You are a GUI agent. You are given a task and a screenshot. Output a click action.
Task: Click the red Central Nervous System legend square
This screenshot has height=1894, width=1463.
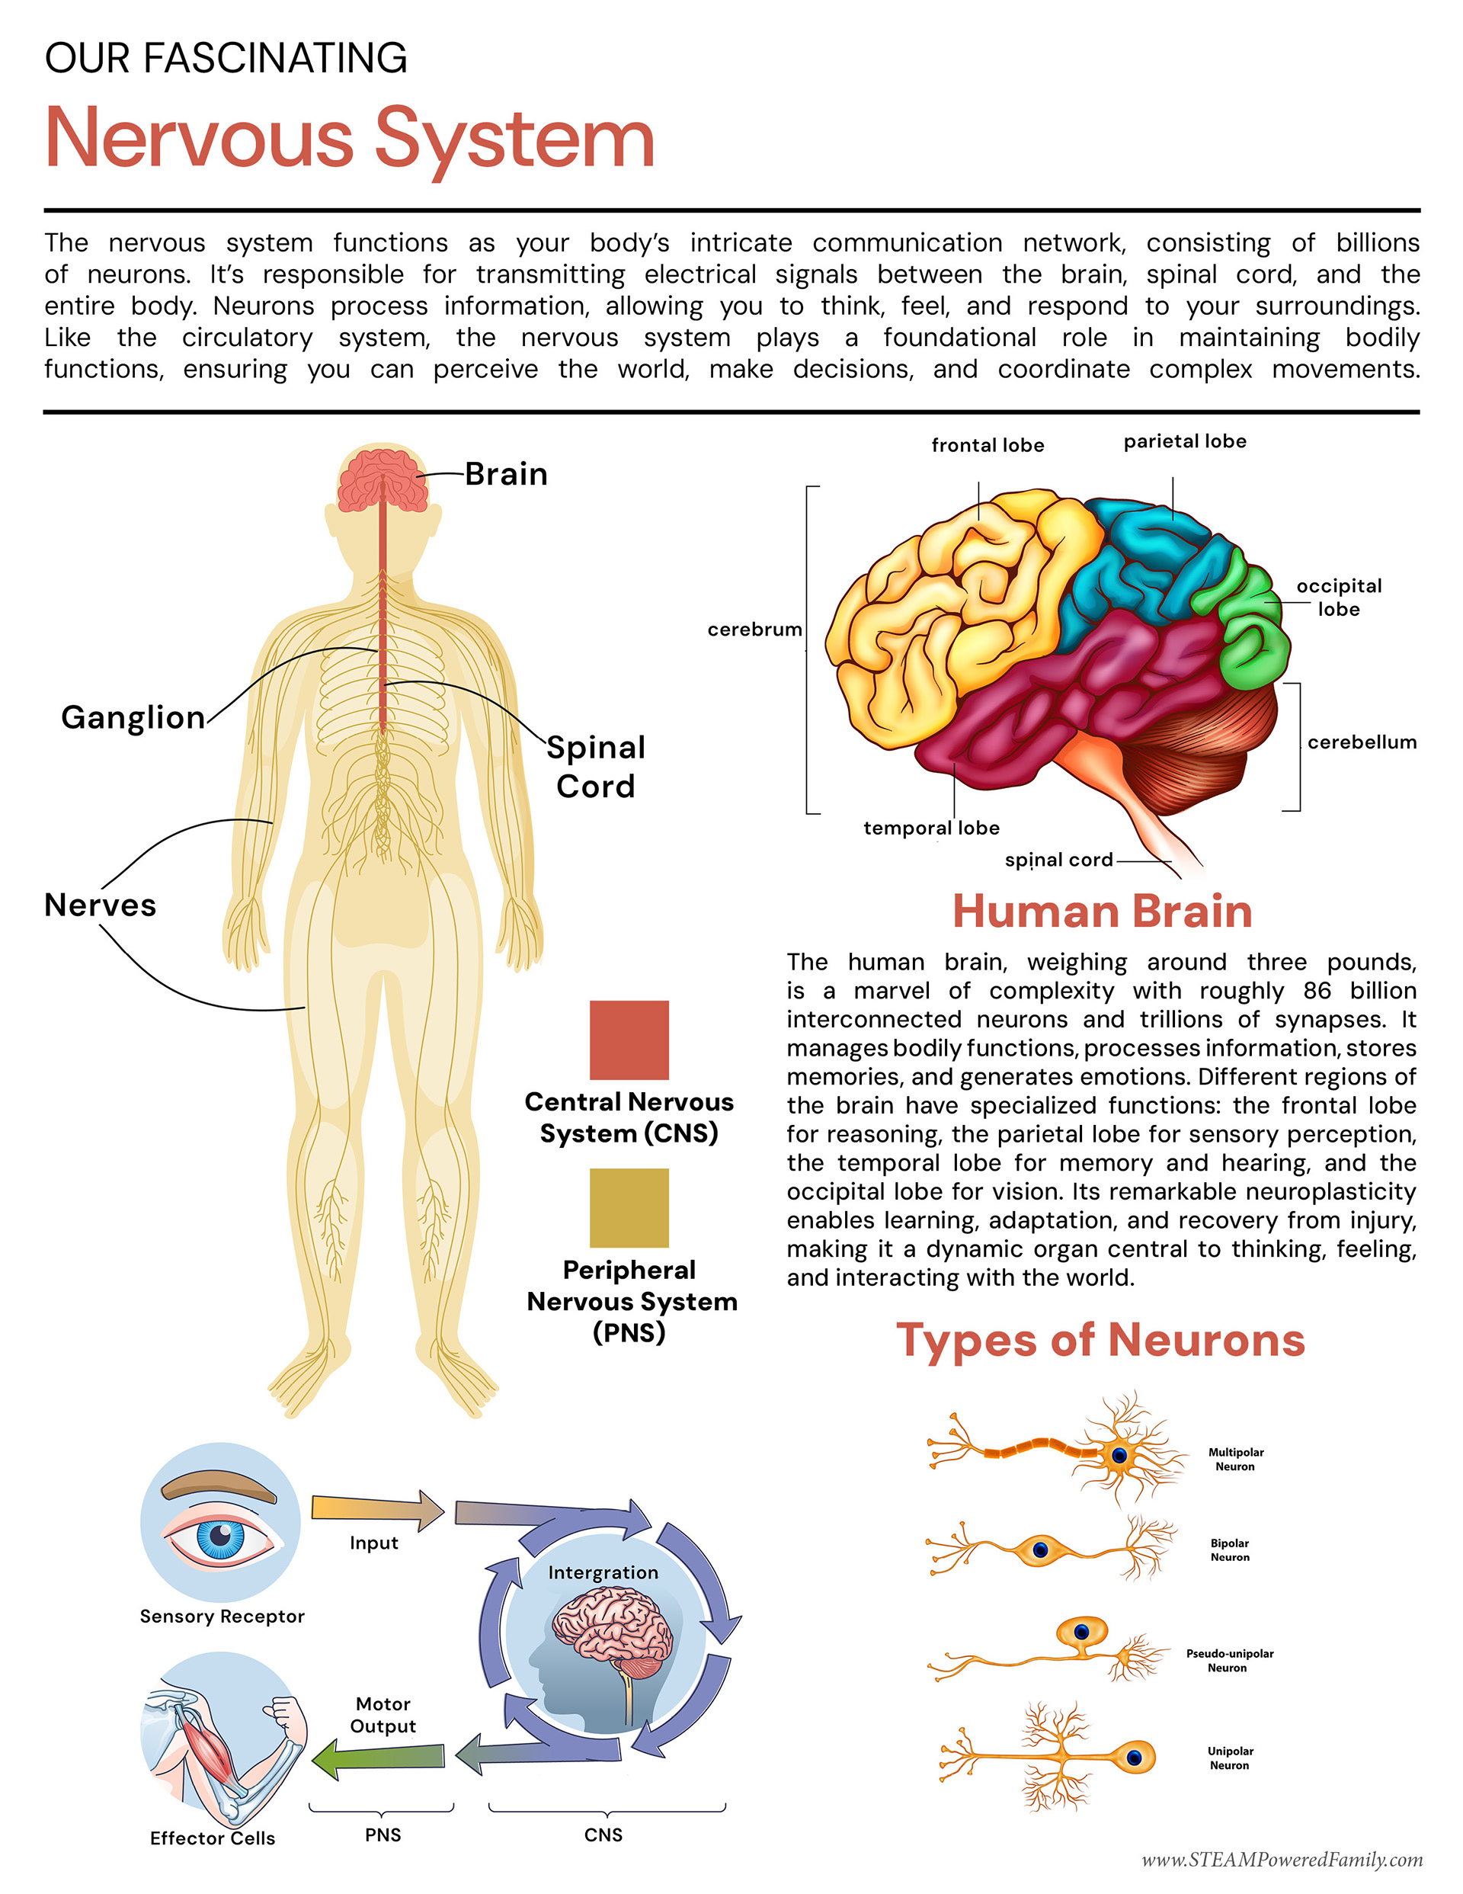click(x=629, y=1039)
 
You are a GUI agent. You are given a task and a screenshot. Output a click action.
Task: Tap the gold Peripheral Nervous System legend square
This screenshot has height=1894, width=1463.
click(x=629, y=1207)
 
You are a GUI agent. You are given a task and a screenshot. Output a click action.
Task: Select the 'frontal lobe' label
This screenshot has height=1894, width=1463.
click(x=987, y=445)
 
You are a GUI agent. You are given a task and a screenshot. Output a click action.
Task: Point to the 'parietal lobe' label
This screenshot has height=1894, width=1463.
click(x=1185, y=441)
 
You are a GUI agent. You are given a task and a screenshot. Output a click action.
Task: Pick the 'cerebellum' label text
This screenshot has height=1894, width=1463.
click(x=1362, y=742)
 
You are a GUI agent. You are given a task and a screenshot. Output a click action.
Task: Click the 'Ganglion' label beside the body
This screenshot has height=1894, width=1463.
click(x=133, y=717)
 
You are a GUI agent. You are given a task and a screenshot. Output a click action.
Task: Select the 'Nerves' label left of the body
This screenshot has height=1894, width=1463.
click(x=100, y=905)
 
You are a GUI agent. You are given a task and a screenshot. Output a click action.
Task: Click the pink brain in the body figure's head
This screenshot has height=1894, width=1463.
click(x=383, y=481)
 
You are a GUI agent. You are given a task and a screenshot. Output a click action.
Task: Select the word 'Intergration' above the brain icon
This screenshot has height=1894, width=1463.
click(x=603, y=1572)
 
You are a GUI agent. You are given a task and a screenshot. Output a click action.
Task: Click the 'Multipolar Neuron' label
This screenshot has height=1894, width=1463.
click(x=1235, y=1459)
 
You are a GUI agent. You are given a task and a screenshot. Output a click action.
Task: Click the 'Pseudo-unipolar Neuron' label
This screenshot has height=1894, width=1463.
click(x=1229, y=1660)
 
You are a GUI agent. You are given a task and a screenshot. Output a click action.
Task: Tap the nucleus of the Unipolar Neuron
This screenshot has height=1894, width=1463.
click(x=1135, y=1758)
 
